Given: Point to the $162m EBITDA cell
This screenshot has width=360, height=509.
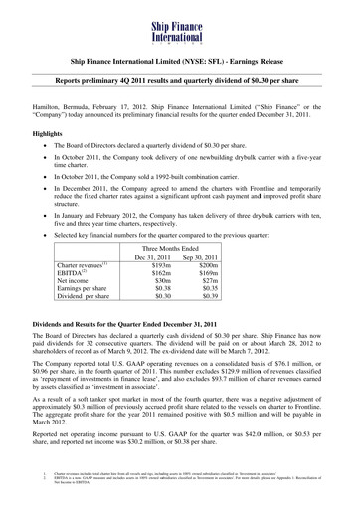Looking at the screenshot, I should click(x=160, y=279).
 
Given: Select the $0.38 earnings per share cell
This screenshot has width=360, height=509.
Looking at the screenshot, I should click(x=160, y=299).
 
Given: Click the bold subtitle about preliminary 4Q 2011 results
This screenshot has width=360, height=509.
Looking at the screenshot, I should click(x=180, y=76).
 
